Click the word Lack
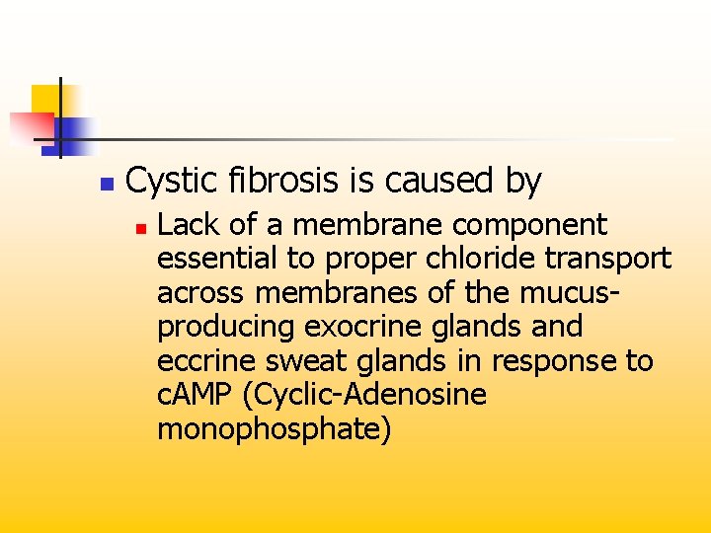(x=185, y=225)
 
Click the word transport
(x=610, y=259)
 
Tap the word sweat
(x=305, y=361)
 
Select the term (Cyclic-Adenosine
(x=370, y=395)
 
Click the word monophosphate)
(x=274, y=429)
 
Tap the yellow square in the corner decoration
(x=43, y=98)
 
